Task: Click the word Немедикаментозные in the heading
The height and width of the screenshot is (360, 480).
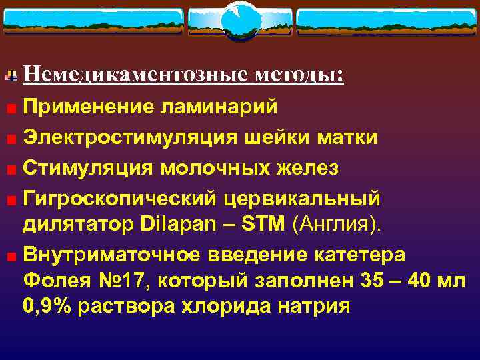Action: point(136,75)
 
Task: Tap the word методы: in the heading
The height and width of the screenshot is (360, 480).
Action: point(299,75)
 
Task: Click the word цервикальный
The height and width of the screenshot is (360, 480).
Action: point(303,199)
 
